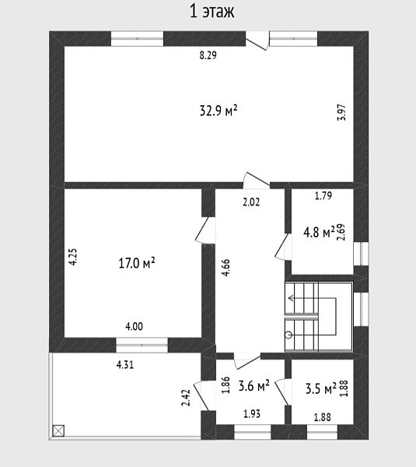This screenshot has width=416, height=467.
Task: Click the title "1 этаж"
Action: [x=211, y=12]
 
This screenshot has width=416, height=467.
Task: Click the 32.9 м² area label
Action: [x=218, y=111]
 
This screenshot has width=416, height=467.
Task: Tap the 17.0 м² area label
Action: [x=137, y=263]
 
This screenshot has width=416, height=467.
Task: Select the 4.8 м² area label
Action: [x=319, y=232]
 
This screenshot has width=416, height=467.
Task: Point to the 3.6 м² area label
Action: [x=253, y=386]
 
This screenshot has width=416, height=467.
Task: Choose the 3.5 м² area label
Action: [x=321, y=388]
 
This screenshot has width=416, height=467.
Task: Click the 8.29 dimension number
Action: [x=208, y=55]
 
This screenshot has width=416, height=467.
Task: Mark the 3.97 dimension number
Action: [x=342, y=112]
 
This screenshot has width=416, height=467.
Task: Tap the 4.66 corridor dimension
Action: [x=226, y=268]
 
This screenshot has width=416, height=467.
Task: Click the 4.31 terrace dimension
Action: [x=125, y=364]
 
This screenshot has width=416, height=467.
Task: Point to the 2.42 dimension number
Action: [x=186, y=398]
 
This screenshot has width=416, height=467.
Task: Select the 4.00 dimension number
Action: [x=134, y=326]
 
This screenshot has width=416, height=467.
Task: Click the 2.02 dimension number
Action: [x=251, y=202]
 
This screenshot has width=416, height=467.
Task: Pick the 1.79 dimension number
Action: [x=323, y=195]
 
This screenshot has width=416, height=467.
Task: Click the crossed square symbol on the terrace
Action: [x=58, y=430]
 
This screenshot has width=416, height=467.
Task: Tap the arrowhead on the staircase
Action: [x=291, y=298]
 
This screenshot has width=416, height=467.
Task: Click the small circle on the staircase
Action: [x=288, y=335]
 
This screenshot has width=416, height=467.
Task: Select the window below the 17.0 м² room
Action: [x=142, y=345]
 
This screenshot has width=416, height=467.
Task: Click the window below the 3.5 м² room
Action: [x=322, y=432]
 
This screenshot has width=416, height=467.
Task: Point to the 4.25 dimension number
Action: [x=73, y=257]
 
